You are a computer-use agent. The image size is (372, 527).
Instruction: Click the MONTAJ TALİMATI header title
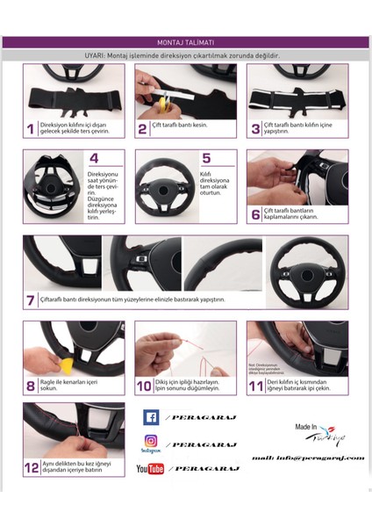tap(186, 41)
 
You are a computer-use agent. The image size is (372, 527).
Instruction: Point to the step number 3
tap(255, 128)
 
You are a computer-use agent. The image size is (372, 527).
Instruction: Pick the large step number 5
tap(206, 159)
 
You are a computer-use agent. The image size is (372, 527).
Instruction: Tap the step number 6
tap(255, 213)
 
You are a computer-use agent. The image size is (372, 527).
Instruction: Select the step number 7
tap(31, 300)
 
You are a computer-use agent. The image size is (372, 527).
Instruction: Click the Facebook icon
tap(150, 417)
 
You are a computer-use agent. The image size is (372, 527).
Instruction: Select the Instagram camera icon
tap(150, 441)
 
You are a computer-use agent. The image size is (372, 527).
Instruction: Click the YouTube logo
tap(150, 469)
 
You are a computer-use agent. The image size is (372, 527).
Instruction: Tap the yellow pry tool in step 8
tap(43, 360)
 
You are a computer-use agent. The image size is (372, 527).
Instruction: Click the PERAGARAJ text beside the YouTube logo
tap(206, 469)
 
